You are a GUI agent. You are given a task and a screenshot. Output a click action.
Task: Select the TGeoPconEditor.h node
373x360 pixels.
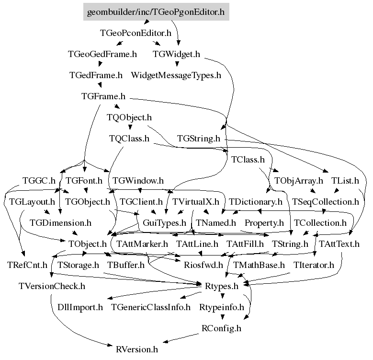click(x=135, y=33)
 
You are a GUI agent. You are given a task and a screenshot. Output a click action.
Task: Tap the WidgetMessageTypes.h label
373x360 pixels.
click(x=176, y=75)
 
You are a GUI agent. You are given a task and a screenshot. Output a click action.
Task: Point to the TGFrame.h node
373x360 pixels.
click(x=103, y=96)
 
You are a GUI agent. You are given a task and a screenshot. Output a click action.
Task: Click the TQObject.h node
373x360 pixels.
click(x=129, y=117)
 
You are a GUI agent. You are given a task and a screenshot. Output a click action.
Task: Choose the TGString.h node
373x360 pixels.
click(x=198, y=139)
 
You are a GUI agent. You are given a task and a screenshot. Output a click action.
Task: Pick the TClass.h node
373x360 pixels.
click(x=248, y=160)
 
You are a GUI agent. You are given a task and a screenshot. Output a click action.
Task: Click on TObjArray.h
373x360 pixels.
click(x=299, y=181)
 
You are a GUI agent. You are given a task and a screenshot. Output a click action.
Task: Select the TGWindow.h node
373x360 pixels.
click(x=138, y=181)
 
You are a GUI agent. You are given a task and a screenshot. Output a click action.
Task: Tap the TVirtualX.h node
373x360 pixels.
click(x=195, y=202)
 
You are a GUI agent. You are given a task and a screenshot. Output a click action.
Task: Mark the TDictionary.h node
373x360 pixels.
click(x=256, y=202)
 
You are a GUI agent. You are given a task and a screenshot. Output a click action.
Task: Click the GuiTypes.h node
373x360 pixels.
click(x=164, y=223)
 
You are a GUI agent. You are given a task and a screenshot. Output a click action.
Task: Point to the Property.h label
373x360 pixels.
click(x=264, y=223)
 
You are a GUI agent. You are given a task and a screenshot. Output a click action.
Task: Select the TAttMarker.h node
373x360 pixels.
click(x=142, y=244)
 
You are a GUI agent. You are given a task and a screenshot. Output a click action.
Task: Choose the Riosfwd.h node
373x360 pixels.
click(x=203, y=265)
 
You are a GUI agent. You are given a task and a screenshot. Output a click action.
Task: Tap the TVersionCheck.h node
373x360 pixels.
click(x=52, y=286)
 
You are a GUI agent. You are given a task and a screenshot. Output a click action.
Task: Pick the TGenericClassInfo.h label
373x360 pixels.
click(x=150, y=307)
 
